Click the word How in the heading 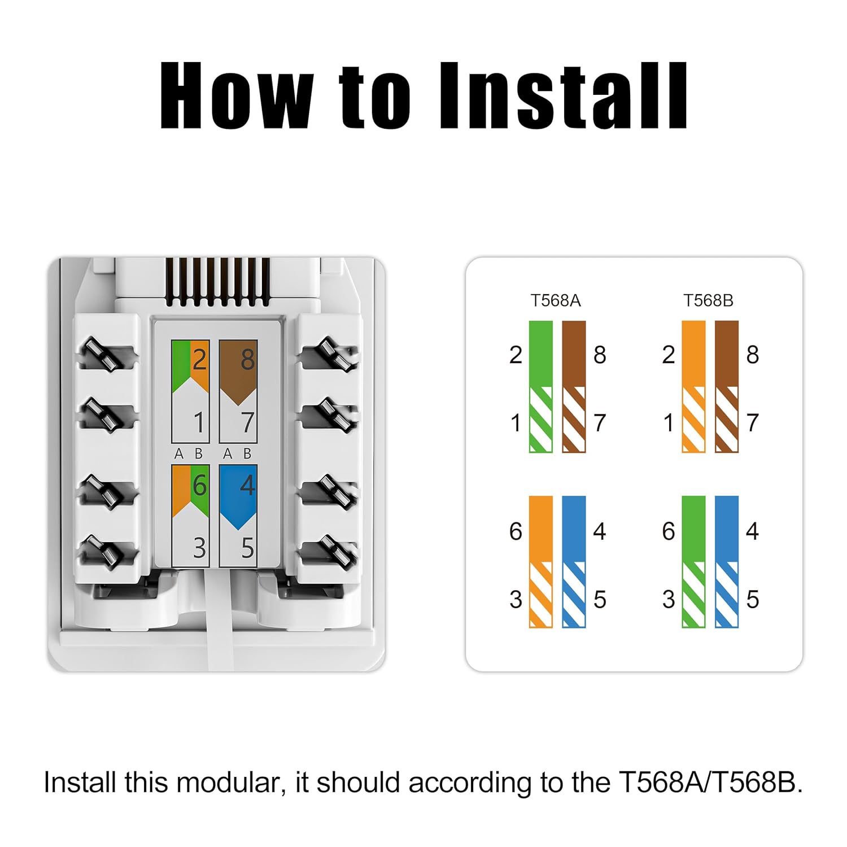[x=236, y=95]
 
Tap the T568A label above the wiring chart [x=556, y=300]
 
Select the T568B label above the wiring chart [x=708, y=300]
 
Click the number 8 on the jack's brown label [x=247, y=360]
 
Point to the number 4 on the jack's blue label [x=247, y=485]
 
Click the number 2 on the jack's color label [x=199, y=360]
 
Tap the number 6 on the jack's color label [x=199, y=485]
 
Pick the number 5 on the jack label [x=247, y=548]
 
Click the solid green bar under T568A [x=541, y=354]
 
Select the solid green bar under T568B [x=693, y=529]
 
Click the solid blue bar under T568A [x=574, y=529]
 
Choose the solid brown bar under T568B [x=727, y=354]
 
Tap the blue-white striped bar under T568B [x=727, y=595]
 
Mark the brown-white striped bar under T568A [x=574, y=420]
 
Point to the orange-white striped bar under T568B [x=693, y=420]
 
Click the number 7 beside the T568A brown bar [x=600, y=423]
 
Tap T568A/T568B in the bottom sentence [x=711, y=783]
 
